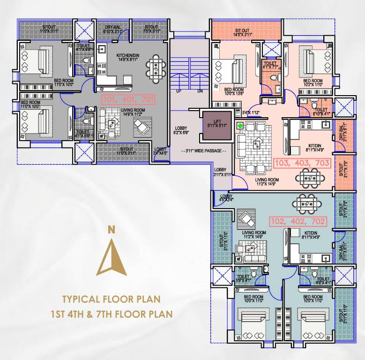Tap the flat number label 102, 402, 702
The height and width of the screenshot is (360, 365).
(x=297, y=220)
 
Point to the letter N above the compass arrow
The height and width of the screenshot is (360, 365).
(x=112, y=229)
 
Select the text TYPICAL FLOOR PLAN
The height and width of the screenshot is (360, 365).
(x=112, y=299)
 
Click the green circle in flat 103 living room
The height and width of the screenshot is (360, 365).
(x=240, y=125)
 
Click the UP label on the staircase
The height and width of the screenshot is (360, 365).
(x=179, y=91)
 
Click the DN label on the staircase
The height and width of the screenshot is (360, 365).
(x=200, y=91)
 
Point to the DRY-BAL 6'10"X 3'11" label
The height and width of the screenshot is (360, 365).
(x=112, y=29)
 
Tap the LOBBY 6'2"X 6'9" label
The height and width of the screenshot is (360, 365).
(x=181, y=130)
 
